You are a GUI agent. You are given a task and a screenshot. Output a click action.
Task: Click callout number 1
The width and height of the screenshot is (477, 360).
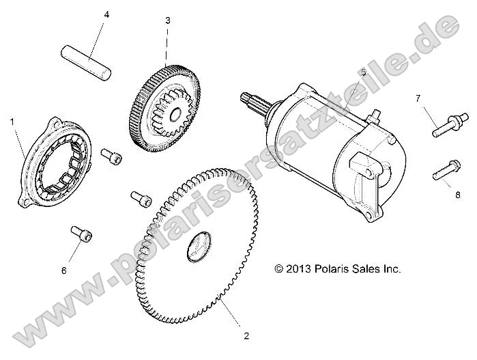click(x=12, y=121)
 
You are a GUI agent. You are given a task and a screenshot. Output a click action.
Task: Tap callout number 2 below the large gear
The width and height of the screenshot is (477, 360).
click(x=246, y=335)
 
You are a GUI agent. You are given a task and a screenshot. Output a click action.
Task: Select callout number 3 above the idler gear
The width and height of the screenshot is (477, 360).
click(x=167, y=21)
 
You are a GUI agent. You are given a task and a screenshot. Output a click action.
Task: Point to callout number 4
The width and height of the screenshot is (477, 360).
click(x=106, y=15)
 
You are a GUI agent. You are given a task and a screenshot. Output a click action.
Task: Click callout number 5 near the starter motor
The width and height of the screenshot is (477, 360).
click(x=363, y=72)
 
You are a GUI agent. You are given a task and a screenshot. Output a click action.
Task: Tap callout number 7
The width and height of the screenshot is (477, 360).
click(x=418, y=98)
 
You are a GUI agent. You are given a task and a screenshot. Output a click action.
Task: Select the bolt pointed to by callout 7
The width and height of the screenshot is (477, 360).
click(x=444, y=127)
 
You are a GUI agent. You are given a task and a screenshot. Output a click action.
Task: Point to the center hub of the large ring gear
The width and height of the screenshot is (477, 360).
click(x=199, y=245)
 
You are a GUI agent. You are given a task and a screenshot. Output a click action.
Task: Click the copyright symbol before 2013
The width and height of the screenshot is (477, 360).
click(x=278, y=269)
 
